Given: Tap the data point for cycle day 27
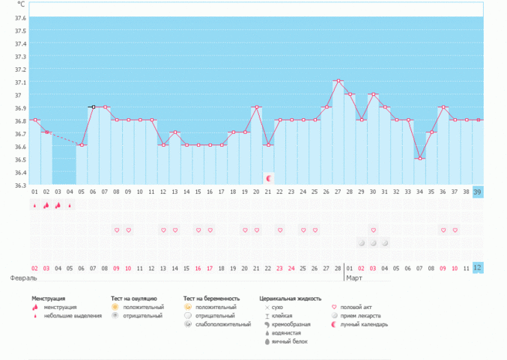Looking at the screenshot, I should (x=338, y=81).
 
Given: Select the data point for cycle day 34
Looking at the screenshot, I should (x=420, y=159).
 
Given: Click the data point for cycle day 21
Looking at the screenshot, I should (x=257, y=107).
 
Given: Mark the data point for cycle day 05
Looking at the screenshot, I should (x=82, y=145).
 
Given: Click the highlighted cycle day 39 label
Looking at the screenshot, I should (x=478, y=192).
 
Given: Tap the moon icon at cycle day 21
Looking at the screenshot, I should (x=269, y=178).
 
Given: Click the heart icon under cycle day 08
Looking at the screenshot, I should (x=117, y=231).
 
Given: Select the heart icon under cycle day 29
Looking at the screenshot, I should (x=374, y=231).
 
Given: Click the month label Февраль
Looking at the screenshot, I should (x=23, y=278).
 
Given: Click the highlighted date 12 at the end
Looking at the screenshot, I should (x=478, y=268).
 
